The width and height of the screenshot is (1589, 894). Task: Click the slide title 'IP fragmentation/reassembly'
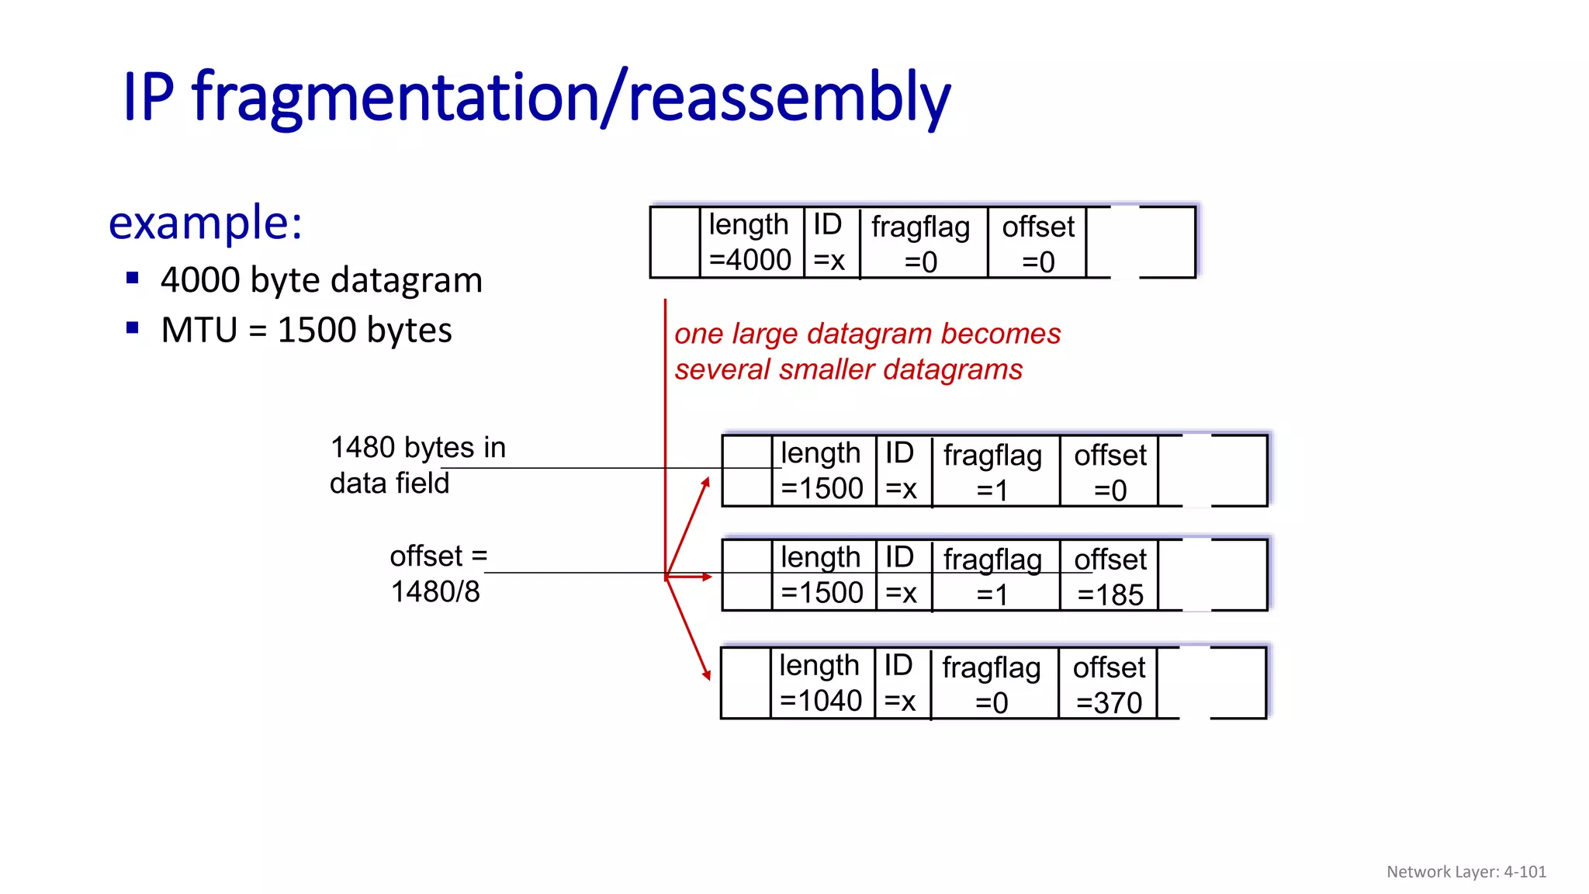click(x=536, y=98)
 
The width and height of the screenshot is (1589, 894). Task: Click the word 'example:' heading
click(x=205, y=223)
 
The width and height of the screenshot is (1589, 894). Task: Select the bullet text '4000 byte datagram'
click(x=321, y=280)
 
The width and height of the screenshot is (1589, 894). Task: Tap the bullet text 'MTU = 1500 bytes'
click(x=306, y=331)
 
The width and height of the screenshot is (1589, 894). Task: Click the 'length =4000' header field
click(x=749, y=242)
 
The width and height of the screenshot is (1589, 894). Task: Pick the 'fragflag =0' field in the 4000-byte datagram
click(x=921, y=244)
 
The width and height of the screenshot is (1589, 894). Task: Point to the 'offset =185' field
click(x=1110, y=577)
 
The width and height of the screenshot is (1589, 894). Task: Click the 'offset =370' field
click(x=1109, y=684)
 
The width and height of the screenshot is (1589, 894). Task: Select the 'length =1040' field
click(x=820, y=683)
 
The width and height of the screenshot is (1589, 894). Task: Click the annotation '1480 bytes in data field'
click(x=417, y=465)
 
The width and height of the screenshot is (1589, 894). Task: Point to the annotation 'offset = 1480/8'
click(x=438, y=573)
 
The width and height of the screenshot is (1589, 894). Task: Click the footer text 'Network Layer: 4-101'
click(x=1466, y=871)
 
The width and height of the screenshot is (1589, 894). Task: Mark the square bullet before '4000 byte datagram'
click(x=133, y=278)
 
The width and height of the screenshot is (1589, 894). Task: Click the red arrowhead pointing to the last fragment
click(x=706, y=674)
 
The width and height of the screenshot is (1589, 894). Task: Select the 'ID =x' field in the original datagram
click(x=829, y=242)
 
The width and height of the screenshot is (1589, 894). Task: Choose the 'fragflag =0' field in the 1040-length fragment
click(x=992, y=684)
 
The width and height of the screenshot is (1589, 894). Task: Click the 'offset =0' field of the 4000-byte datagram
click(x=1038, y=244)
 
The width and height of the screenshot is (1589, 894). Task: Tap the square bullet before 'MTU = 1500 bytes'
click(x=133, y=327)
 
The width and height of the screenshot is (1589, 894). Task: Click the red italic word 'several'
click(x=723, y=370)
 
